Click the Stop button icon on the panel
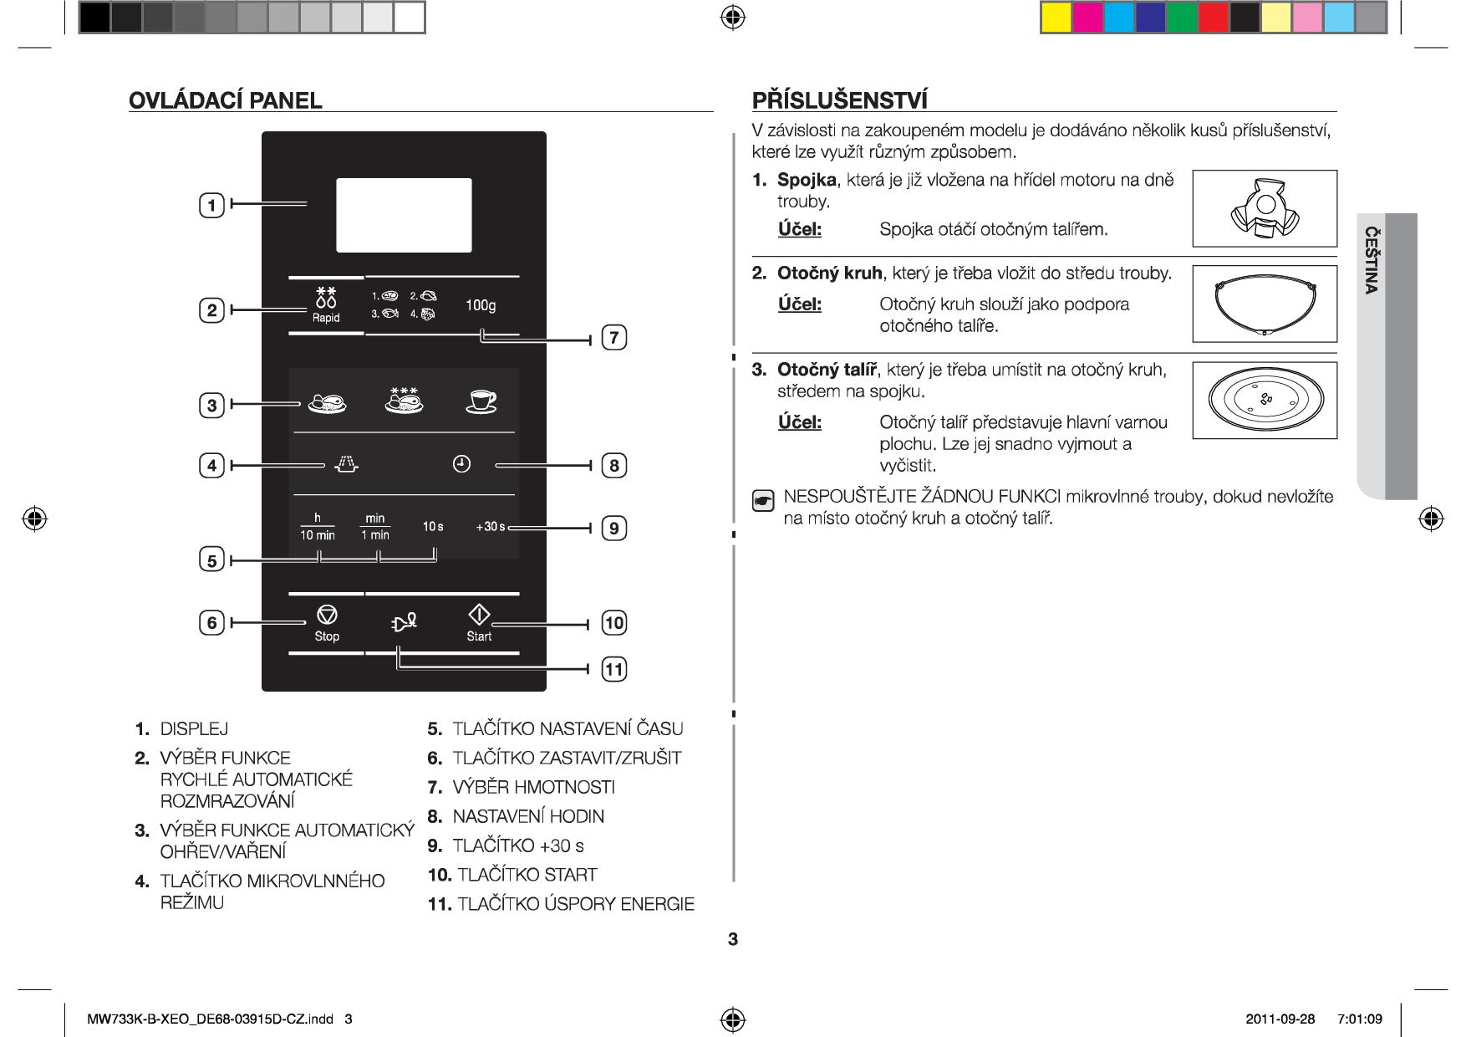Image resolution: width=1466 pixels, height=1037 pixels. coord(327,616)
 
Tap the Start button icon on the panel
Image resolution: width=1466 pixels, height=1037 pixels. coord(479,615)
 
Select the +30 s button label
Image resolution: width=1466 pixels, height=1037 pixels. coord(491,527)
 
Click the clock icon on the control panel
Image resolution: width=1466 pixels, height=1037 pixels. coord(461,464)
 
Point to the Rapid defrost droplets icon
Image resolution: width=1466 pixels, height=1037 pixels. coord(326,297)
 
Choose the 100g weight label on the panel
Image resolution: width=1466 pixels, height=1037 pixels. coord(481,305)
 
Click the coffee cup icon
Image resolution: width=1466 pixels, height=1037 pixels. coord(481,401)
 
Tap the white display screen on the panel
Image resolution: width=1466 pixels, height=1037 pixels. coord(404,215)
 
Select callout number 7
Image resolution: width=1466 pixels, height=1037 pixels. coord(614,338)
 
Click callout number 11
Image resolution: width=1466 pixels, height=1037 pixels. coord(614,669)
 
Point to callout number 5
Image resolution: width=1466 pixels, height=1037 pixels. coord(212,560)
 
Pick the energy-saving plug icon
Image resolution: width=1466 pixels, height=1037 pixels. coord(403,623)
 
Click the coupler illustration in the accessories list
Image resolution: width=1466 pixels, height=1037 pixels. coord(1265,208)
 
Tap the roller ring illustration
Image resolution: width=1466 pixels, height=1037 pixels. coord(1265,305)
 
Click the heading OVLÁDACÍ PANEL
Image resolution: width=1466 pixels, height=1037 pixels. coord(225,101)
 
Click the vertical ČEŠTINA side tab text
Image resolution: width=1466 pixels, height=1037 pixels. coord(1371,260)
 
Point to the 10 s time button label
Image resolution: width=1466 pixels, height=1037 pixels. coord(433,527)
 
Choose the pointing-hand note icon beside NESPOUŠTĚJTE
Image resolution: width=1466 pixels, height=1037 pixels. coord(763,502)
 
